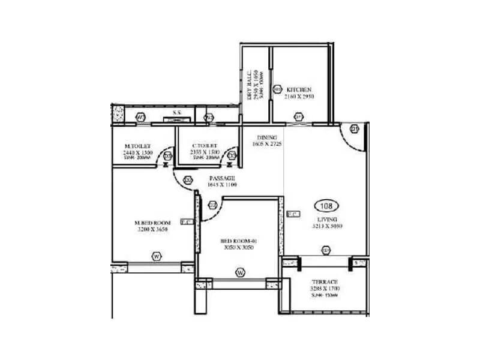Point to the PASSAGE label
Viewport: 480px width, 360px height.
coord(221,178)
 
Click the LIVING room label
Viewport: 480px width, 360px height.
coord(326,220)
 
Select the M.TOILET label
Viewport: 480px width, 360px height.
coord(137,146)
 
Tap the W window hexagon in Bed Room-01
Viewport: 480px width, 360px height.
coord(240,273)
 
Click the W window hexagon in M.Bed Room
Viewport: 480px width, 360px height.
coord(157,256)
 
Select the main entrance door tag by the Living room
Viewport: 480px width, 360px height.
coord(354,128)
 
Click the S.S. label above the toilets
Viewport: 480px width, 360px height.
coord(178,112)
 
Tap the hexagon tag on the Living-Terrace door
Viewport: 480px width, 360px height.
coord(326,250)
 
